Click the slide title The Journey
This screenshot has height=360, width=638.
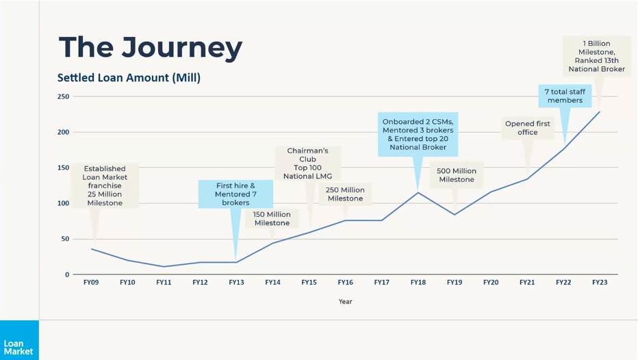coord(151,48)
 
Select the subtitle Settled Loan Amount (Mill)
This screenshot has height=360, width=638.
coord(129,78)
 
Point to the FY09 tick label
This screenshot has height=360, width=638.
coord(91,282)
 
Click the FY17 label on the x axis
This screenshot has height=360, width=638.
coord(381,282)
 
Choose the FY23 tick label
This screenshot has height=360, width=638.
coord(599,282)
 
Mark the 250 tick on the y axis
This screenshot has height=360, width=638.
coord(63,97)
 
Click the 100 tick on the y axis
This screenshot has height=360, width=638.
coord(63,203)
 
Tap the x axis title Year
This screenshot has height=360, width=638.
coord(345,301)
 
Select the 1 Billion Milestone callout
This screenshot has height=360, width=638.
coord(596,56)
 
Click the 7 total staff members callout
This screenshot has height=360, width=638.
coord(565,96)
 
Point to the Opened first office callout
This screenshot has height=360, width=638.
coord(527,128)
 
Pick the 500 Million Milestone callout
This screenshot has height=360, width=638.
coord(457,175)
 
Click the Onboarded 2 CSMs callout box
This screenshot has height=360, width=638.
coord(418,134)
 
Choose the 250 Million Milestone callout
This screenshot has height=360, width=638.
coord(345,194)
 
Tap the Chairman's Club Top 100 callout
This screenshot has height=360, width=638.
coord(307,164)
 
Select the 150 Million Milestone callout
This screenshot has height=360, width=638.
coord(272,218)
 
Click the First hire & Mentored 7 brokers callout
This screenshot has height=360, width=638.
coord(235,194)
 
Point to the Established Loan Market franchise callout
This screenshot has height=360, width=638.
coord(105,185)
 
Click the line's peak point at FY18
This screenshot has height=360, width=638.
coord(418,192)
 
